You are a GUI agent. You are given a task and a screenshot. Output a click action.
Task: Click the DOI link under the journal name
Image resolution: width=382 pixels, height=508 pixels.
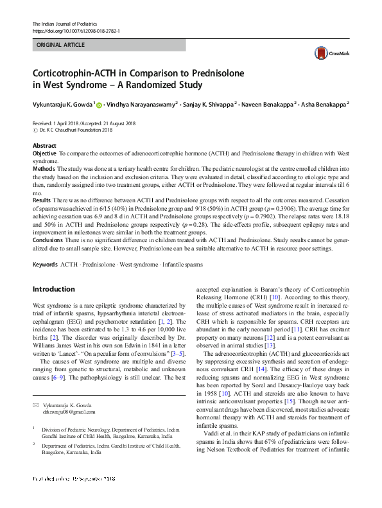(77, 31)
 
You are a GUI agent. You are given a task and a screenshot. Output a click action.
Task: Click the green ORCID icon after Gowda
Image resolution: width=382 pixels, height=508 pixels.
(100, 103)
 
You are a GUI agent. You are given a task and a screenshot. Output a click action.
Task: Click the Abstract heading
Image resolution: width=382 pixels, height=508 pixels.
(44, 146)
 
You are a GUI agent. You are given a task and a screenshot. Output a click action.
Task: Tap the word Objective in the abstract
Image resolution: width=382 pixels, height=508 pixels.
(44, 153)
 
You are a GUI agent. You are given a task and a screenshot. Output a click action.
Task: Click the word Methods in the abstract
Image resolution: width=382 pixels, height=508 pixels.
(44, 168)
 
